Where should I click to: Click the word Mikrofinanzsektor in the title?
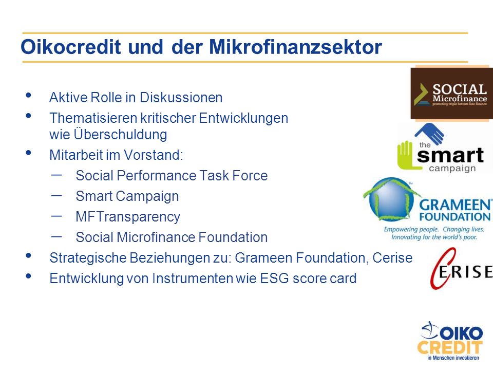pyautogui.click(x=295, y=47)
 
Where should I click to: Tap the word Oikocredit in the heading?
pyautogui.click(x=71, y=47)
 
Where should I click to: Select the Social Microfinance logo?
pyautogui.click(x=452, y=94)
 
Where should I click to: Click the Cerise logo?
pyautogui.click(x=461, y=268)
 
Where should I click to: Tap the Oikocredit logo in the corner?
pyautogui.click(x=450, y=341)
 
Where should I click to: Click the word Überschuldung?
pyautogui.click(x=120, y=135)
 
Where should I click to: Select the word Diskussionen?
pyautogui.click(x=181, y=98)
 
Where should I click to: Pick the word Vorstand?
pyautogui.click(x=153, y=155)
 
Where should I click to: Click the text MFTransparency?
pyautogui.click(x=128, y=217)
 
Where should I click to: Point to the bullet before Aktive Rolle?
pyautogui.click(x=29, y=95)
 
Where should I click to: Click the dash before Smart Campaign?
pyautogui.click(x=56, y=195)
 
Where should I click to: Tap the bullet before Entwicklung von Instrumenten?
pyautogui.click(x=29, y=276)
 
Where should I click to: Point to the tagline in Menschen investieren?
pyautogui.click(x=453, y=358)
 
